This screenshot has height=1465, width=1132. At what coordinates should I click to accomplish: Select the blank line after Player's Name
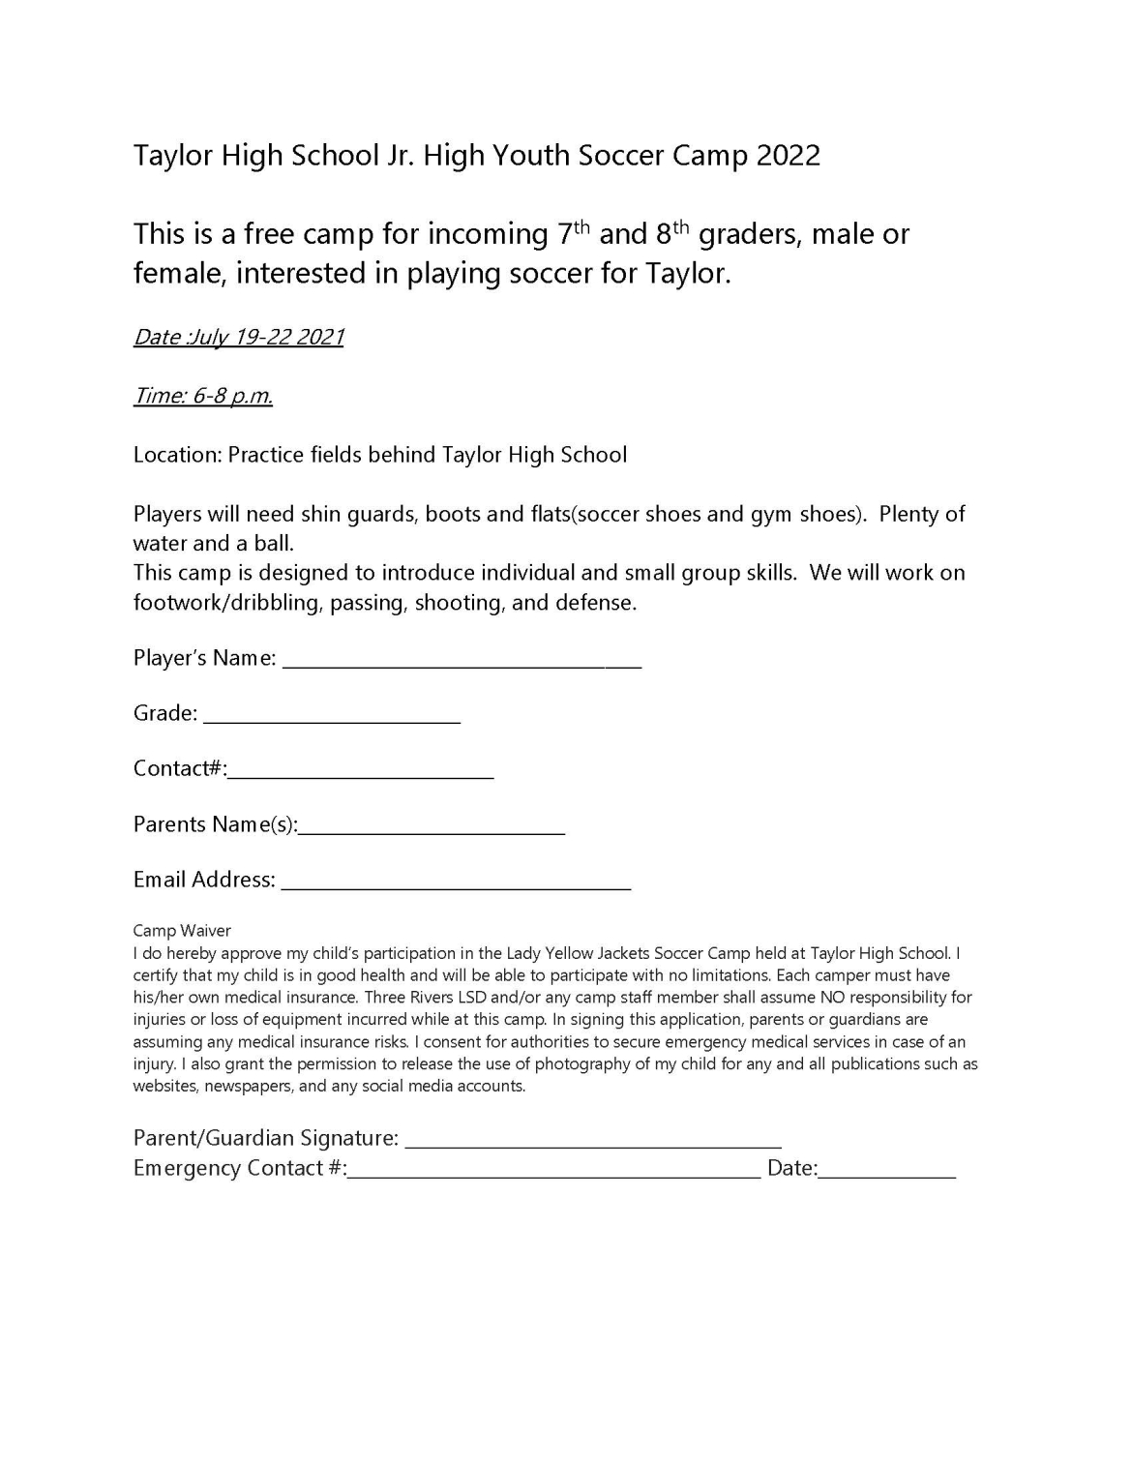(462, 663)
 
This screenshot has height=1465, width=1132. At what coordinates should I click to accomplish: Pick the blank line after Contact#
(361, 773)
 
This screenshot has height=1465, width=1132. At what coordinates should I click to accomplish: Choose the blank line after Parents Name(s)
(432, 829)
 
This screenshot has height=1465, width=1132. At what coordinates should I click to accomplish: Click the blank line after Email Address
(456, 884)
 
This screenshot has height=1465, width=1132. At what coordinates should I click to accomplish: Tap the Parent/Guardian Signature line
(593, 1143)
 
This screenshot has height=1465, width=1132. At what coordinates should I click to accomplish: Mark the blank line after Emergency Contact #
(554, 1174)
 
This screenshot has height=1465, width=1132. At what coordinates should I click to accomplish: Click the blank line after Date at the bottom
(887, 1174)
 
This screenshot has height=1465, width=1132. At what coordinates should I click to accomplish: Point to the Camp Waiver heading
(182, 931)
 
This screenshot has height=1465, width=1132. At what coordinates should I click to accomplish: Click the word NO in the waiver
(833, 998)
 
